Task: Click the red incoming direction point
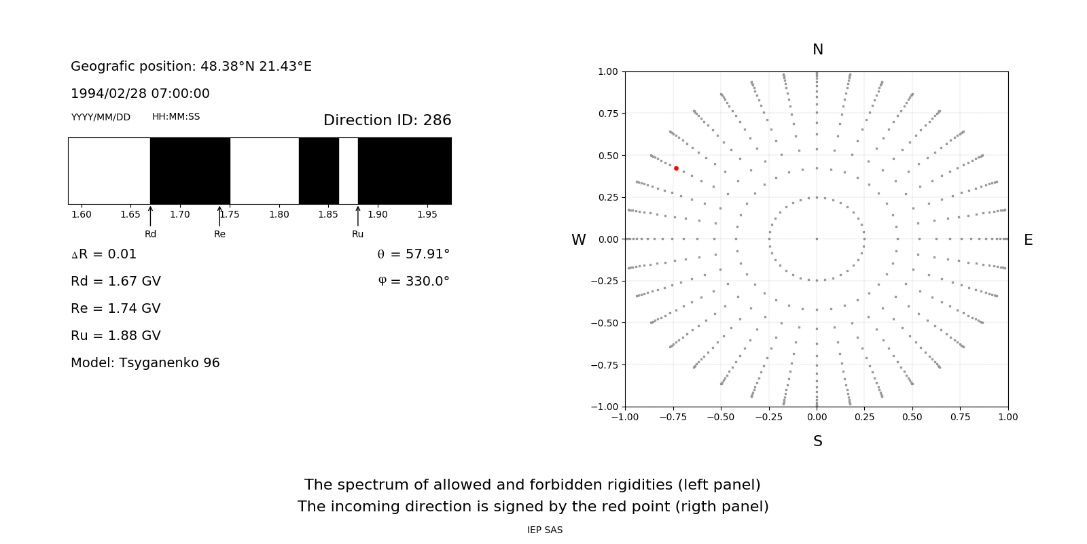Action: pyautogui.click(x=676, y=168)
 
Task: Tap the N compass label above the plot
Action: pyautogui.click(x=818, y=50)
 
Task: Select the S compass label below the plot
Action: pyautogui.click(x=818, y=441)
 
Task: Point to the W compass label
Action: pyautogui.click(x=579, y=240)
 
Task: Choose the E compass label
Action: pyautogui.click(x=1028, y=240)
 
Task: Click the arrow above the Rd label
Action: pyautogui.click(x=150, y=216)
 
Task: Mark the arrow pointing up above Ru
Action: pyautogui.click(x=358, y=216)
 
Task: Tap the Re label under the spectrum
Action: pyautogui.click(x=219, y=234)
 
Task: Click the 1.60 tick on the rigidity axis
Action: pyautogui.click(x=82, y=214)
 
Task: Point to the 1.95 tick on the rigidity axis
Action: pyautogui.click(x=427, y=214)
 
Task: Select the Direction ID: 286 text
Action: pyautogui.click(x=387, y=120)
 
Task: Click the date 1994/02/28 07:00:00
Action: pyautogui.click(x=140, y=93)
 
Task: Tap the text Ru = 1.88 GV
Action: pyautogui.click(x=115, y=335)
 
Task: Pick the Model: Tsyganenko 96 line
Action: pyautogui.click(x=145, y=362)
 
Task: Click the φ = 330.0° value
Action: pyautogui.click(x=414, y=281)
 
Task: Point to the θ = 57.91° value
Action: pyautogui.click(x=414, y=254)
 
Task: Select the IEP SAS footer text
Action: pyautogui.click(x=545, y=530)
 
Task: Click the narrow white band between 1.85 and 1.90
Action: pyautogui.click(x=349, y=171)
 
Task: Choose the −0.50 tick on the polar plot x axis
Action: pyautogui.click(x=721, y=417)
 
